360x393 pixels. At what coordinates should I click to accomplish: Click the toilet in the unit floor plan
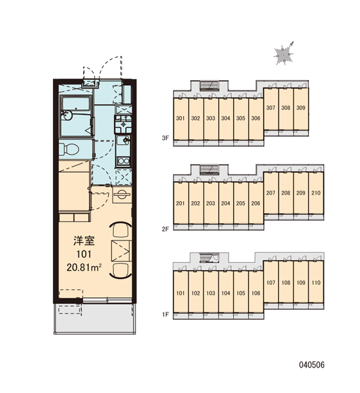point(69,149)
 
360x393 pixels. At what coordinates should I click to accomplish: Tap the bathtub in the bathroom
point(75,103)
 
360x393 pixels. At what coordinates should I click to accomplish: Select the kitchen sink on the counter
point(123,140)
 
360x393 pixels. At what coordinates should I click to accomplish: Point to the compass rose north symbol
point(283,54)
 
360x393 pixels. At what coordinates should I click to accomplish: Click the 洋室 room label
point(84,240)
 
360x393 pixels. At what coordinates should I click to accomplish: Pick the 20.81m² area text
point(84,268)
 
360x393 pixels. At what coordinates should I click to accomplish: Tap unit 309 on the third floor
point(301,108)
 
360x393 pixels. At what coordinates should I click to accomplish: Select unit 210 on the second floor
point(316,193)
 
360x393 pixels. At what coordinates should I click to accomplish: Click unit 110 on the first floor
point(316,283)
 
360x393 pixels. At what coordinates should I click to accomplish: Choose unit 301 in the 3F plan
point(181,119)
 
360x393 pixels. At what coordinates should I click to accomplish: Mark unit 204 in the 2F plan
point(225,203)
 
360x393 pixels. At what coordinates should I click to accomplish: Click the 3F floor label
point(166,138)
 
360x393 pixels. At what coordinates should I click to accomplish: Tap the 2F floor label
point(166,229)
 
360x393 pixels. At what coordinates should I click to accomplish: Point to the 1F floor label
point(166,314)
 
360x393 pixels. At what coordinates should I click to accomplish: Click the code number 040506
point(312,365)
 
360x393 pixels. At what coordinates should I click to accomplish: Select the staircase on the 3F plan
point(209,85)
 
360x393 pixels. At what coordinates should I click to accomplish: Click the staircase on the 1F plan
point(209,258)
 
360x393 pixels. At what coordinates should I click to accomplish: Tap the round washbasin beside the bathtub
point(67,115)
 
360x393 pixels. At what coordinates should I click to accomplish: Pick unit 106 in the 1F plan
point(256,293)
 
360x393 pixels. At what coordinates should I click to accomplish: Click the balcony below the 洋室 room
point(95,319)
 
